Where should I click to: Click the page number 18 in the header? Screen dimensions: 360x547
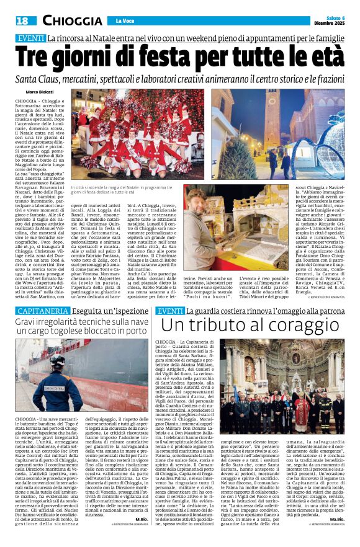[20, 21]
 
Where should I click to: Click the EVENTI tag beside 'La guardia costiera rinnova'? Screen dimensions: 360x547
[170, 311]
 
